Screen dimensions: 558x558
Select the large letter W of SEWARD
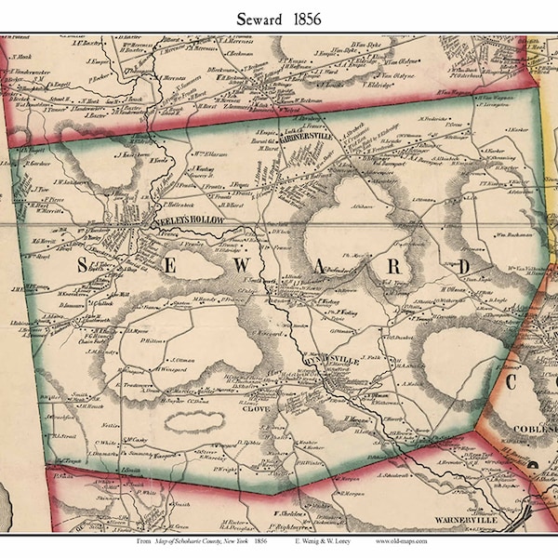(x=264, y=267)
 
